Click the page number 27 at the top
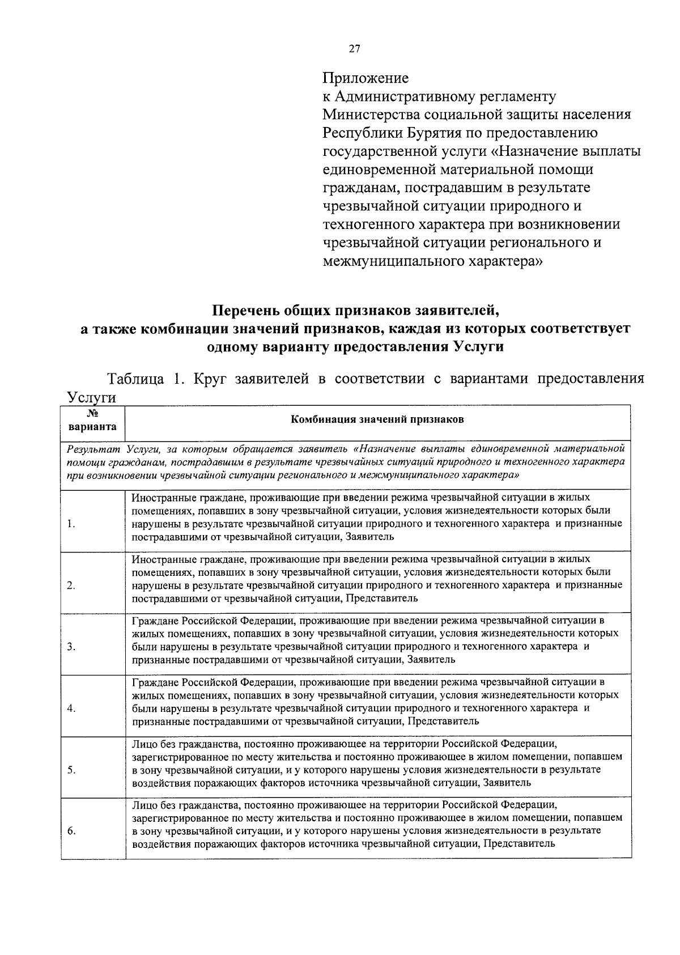[x=354, y=49]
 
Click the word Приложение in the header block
[x=365, y=78]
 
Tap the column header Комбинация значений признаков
[x=377, y=419]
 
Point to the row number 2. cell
[x=70, y=585]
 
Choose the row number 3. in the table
[x=70, y=647]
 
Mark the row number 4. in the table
[x=70, y=708]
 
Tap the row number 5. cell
[x=70, y=770]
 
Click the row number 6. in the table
[x=70, y=831]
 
